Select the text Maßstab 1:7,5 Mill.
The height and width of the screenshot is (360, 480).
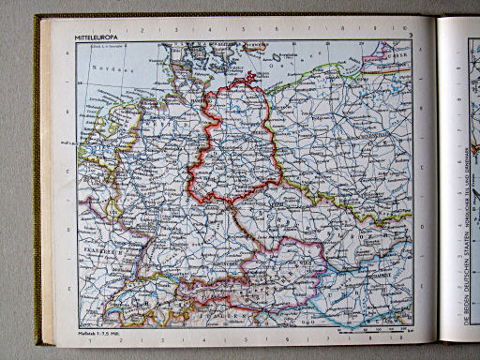[97, 332]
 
